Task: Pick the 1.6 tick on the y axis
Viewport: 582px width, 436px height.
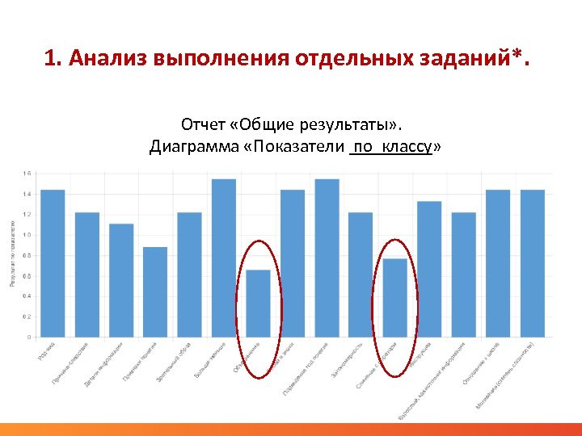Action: pos(27,174)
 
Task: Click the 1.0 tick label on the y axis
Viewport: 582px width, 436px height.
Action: pos(27,235)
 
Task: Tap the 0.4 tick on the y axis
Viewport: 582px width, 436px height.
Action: pos(27,296)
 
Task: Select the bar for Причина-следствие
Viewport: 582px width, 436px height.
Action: pos(87,275)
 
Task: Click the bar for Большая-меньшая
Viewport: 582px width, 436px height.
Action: pos(224,258)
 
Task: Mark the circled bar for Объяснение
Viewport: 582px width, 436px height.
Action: pos(258,303)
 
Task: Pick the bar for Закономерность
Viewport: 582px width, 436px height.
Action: pos(361,275)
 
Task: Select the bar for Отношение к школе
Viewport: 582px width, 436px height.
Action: pos(498,263)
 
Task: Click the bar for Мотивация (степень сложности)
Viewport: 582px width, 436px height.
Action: pos(532,263)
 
